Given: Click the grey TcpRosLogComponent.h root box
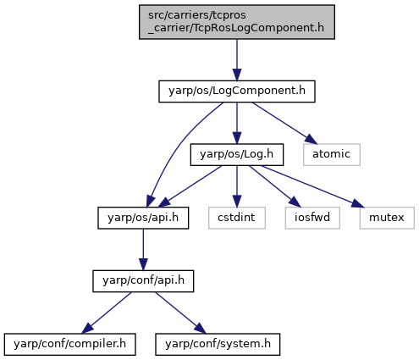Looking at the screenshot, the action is click(237, 22).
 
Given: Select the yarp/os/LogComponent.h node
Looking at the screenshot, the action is click(237, 91).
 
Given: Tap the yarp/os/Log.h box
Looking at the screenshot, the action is click(237, 154).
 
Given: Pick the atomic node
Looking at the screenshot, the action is click(332, 154).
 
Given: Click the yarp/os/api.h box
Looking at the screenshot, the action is click(143, 218).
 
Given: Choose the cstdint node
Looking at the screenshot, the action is click(237, 218).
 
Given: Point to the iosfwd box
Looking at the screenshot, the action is click(312, 218).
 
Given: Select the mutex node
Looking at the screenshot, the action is click(387, 218).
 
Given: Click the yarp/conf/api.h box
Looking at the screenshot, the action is click(143, 281).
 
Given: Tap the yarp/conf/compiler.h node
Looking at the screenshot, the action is click(69, 344).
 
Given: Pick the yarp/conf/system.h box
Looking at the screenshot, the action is click(218, 344).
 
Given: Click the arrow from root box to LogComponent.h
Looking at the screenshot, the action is click(237, 60).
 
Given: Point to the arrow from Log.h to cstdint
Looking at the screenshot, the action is click(237, 186).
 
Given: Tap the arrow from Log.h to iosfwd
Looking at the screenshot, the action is click(275, 186).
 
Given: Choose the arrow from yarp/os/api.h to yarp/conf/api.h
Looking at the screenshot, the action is click(143, 250).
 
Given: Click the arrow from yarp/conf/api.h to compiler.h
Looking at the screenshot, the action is click(107, 313).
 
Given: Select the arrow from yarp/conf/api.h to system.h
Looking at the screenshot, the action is click(180, 313).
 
